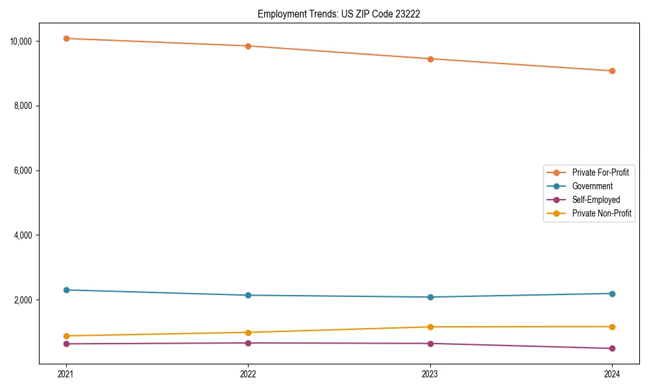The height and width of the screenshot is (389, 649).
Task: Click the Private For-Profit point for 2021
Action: click(x=66, y=38)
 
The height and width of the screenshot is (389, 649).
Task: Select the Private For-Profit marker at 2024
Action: click(x=612, y=71)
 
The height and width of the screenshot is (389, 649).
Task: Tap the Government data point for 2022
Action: click(x=248, y=295)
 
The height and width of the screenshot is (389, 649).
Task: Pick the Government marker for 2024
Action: click(x=612, y=294)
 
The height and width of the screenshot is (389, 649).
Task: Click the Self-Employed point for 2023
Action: click(x=430, y=344)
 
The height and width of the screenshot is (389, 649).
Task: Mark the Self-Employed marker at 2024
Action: click(x=612, y=348)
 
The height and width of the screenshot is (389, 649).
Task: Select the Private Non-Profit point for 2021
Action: click(x=66, y=336)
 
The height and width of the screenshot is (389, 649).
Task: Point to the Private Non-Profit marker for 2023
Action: click(x=430, y=327)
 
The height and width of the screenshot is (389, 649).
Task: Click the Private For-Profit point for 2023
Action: click(x=430, y=59)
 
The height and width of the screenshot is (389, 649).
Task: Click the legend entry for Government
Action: click(x=592, y=186)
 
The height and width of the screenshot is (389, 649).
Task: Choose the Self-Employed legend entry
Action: click(x=596, y=200)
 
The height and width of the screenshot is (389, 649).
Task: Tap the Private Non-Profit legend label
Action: click(x=602, y=213)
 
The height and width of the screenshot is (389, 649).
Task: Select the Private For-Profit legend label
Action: click(x=600, y=172)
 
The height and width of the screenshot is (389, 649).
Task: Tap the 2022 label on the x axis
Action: click(x=248, y=373)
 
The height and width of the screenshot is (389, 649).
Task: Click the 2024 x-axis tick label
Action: click(x=612, y=373)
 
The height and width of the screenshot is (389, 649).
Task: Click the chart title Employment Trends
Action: click(x=339, y=14)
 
